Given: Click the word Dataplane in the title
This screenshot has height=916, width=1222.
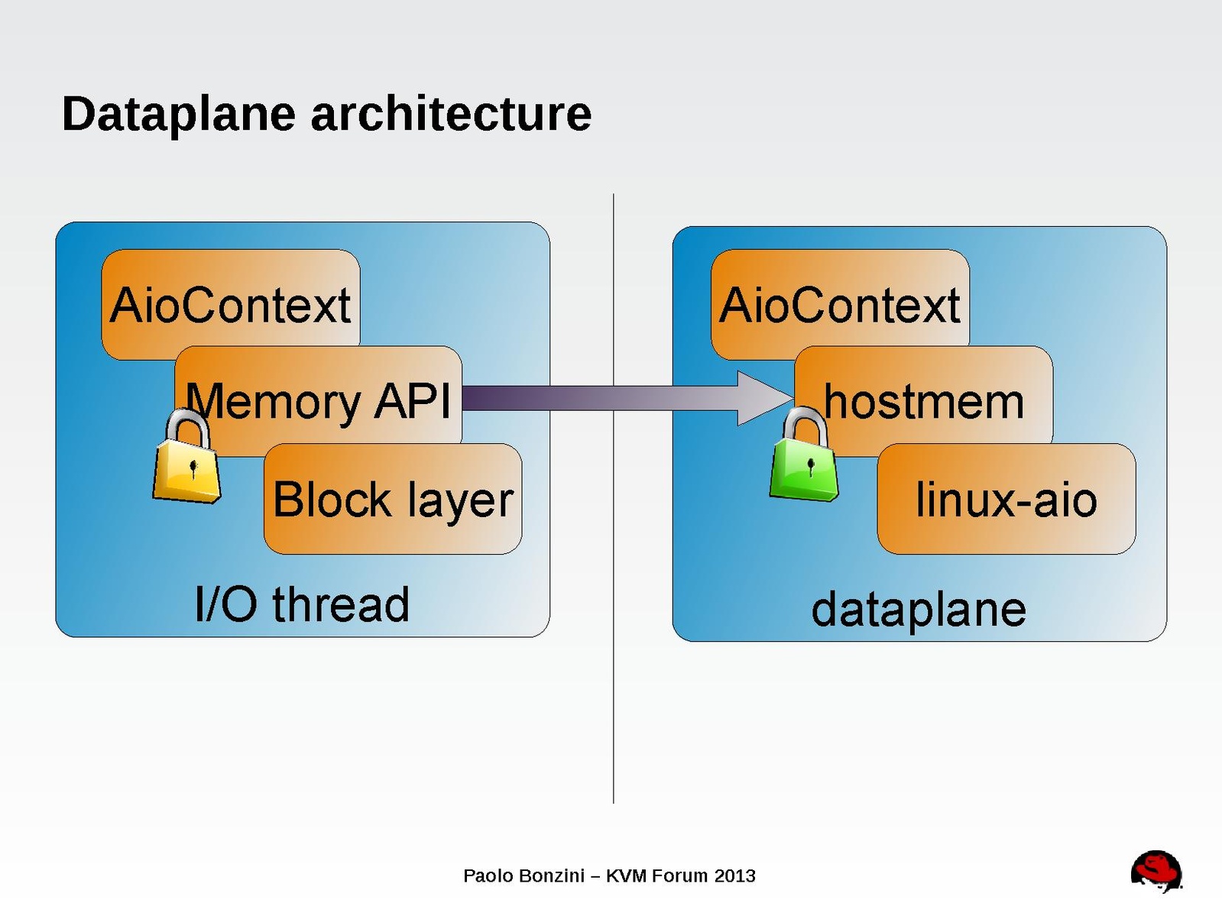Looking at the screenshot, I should point(178,114).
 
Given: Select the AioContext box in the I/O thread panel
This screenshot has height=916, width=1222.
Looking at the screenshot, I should point(230,303).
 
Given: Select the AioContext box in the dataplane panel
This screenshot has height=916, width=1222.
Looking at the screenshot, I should point(839,303).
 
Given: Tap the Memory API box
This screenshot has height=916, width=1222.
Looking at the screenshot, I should point(319,400).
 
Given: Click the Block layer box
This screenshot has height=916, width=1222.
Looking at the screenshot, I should point(393,499).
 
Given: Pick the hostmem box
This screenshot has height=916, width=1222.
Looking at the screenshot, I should point(924,400).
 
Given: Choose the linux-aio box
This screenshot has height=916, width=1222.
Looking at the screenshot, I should point(1006,499).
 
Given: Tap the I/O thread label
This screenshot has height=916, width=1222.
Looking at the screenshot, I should point(302,604).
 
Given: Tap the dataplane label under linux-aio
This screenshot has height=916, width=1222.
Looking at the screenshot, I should point(918,609).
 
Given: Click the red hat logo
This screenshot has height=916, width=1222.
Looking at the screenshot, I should point(1156,871).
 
